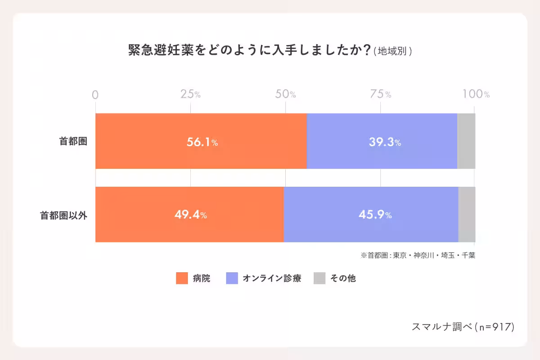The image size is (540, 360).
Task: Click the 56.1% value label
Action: click(x=202, y=142)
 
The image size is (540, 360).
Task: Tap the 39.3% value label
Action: click(x=385, y=142)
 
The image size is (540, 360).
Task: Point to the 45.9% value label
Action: click(x=375, y=215)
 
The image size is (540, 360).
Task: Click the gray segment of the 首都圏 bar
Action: click(x=466, y=141)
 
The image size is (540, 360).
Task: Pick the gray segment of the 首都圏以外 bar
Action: click(x=467, y=215)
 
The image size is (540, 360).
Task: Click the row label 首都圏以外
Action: click(x=63, y=215)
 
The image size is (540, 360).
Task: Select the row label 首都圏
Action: click(x=73, y=141)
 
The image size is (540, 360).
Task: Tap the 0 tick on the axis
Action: click(x=95, y=94)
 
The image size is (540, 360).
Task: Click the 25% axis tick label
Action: click(x=190, y=94)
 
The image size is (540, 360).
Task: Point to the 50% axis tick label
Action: click(x=285, y=94)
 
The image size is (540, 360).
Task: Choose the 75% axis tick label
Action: click(x=381, y=94)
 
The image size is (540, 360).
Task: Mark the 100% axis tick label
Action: click(x=476, y=94)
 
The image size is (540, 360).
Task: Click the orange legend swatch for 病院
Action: click(x=181, y=279)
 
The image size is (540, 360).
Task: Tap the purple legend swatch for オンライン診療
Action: click(x=231, y=279)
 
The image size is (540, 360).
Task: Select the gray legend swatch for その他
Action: click(x=319, y=279)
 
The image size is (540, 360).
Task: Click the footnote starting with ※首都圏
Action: click(x=418, y=255)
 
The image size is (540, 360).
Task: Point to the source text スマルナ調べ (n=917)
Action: click(x=463, y=327)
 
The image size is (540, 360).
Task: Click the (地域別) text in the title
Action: click(x=393, y=51)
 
